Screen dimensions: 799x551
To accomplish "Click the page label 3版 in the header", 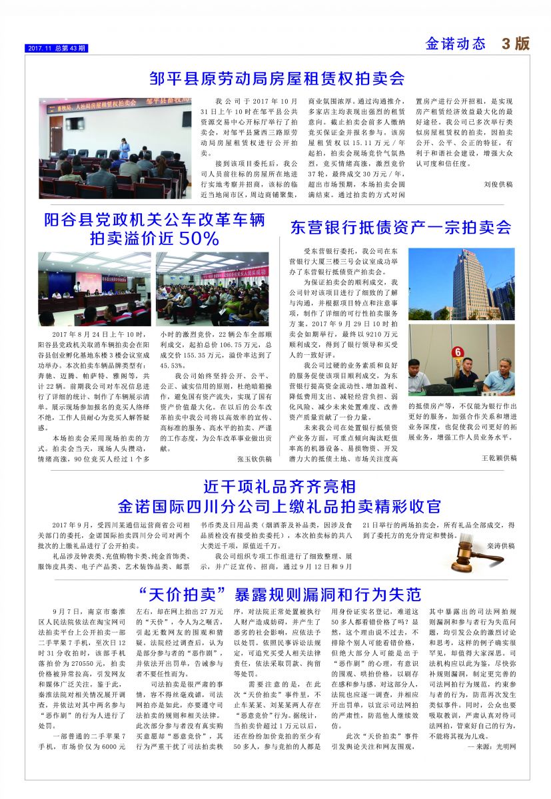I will point(516,44).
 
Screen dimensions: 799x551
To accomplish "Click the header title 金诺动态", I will point(456,45).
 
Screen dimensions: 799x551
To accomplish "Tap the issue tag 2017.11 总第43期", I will point(57,49).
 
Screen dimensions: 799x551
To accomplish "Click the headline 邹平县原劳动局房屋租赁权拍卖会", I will point(277,79).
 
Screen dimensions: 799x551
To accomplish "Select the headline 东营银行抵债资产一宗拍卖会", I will point(401,227).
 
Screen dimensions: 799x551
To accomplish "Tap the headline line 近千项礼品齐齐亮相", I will point(279,485).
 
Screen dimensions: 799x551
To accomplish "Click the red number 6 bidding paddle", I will point(458,352).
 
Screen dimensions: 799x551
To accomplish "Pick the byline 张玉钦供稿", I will point(256,459).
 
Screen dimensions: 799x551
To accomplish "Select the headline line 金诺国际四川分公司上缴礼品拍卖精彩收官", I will point(279,505).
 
